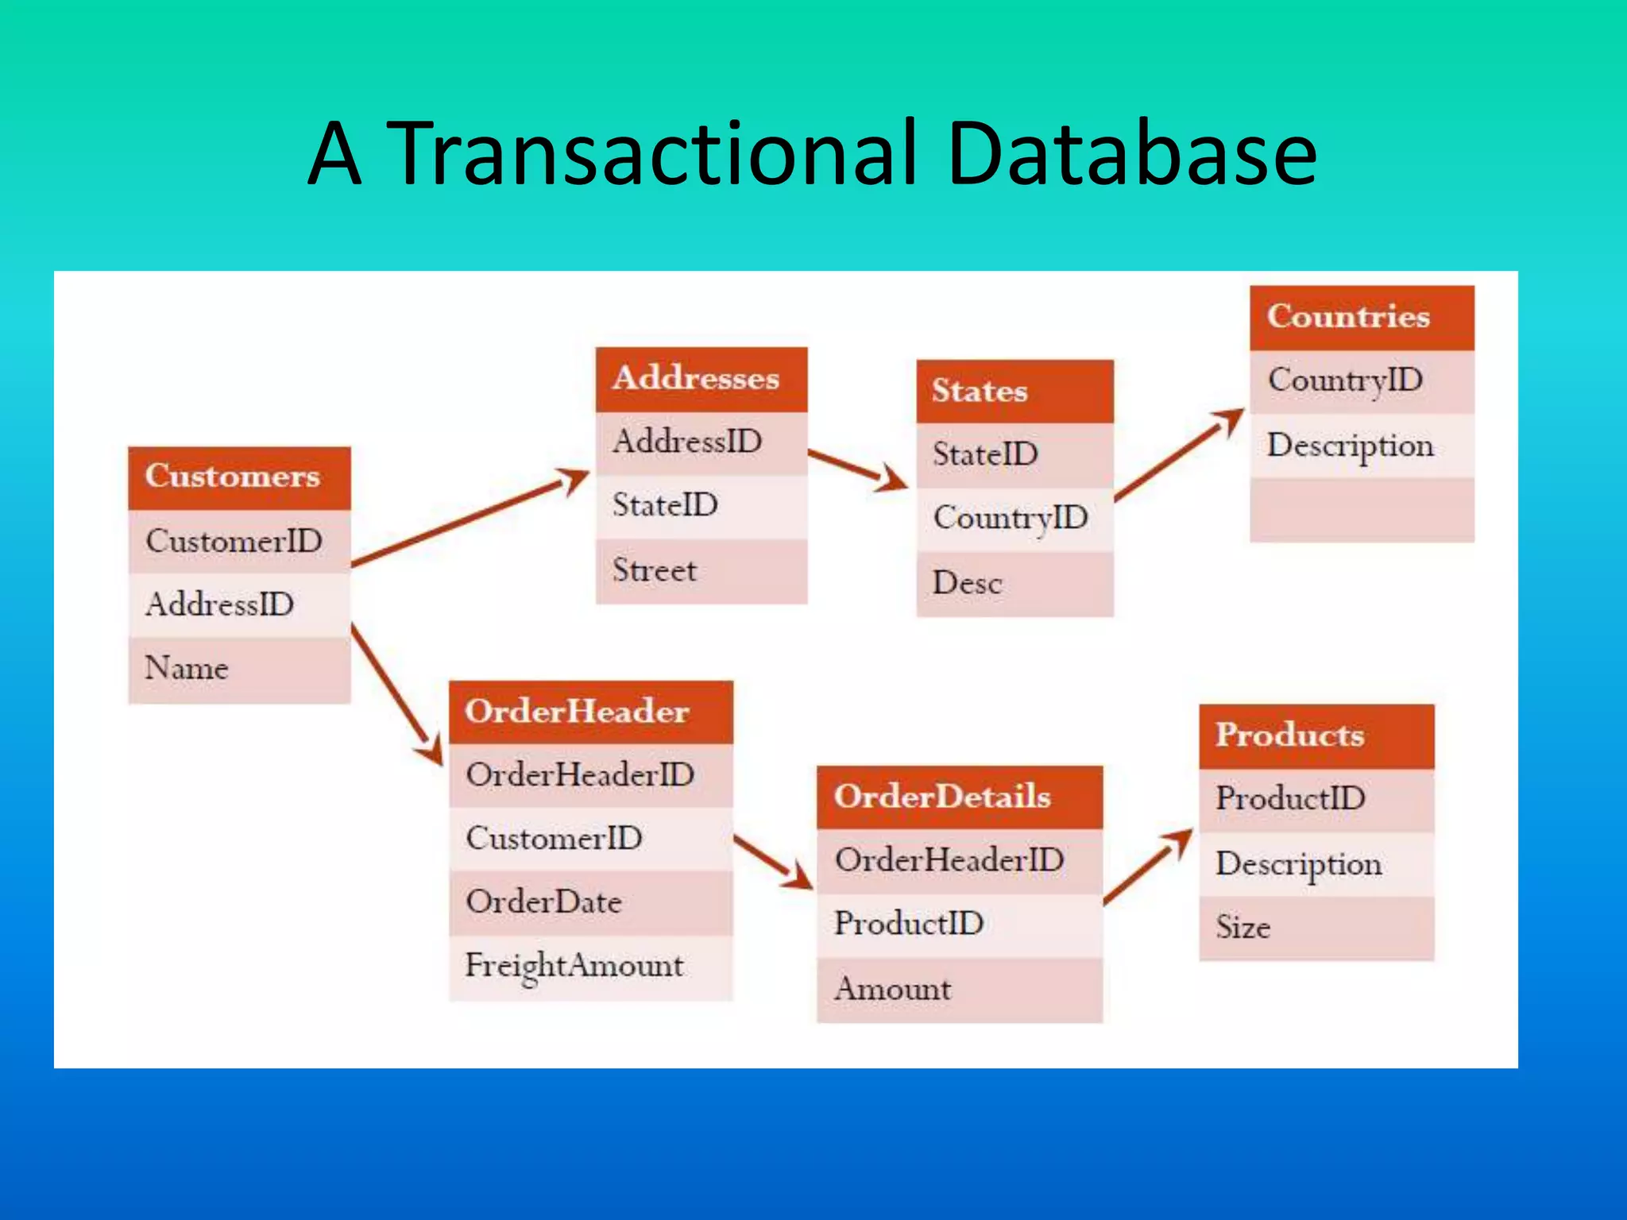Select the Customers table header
tap(238, 477)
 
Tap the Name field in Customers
tap(238, 669)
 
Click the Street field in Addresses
tap(701, 570)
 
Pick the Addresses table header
tap(701, 378)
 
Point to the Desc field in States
tap(1014, 584)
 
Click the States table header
tap(1014, 391)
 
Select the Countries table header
tap(1361, 317)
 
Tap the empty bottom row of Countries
tap(1361, 510)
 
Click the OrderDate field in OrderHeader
tap(590, 902)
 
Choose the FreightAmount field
tap(590, 967)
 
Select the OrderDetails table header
tap(959, 797)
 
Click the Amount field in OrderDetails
tap(959, 990)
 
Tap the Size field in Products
tap(1316, 928)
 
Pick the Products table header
tap(1316, 735)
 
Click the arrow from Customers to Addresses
tap(469, 518)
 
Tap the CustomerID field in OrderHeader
tap(590, 839)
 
